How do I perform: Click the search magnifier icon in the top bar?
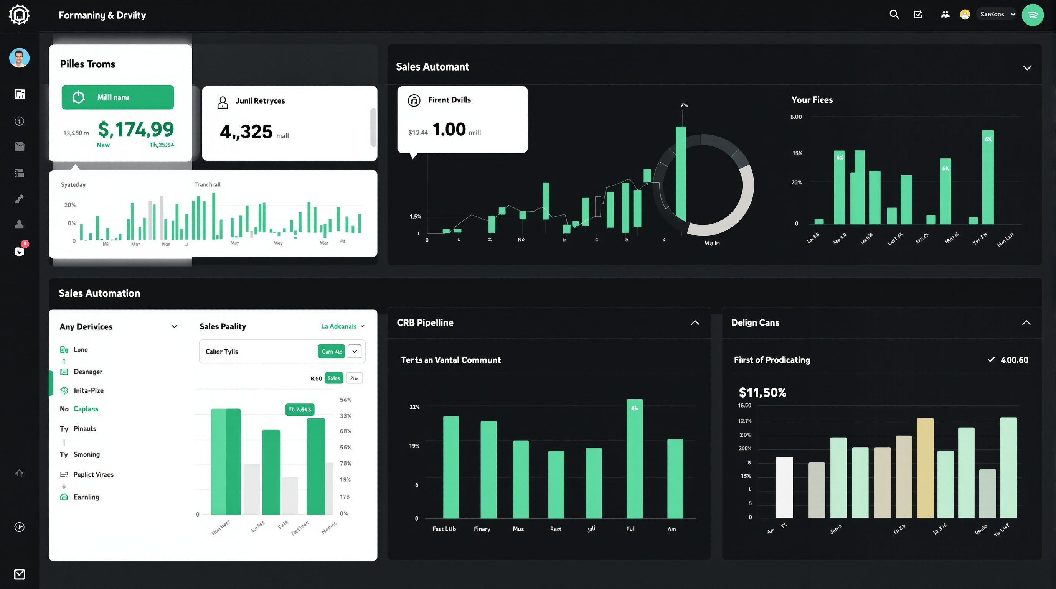(894, 15)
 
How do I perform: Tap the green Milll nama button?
(118, 97)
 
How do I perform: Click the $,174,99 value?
(136, 130)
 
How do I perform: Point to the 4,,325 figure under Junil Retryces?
(246, 132)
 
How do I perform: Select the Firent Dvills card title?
(449, 100)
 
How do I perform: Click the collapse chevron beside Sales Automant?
(1027, 68)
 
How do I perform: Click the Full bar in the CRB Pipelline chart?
(634, 459)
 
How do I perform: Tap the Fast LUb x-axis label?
(444, 529)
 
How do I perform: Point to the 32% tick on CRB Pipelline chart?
(414, 407)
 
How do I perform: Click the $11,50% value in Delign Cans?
(762, 392)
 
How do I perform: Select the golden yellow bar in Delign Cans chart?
(925, 468)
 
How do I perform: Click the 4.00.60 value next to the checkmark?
(1014, 360)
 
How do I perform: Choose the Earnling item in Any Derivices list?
(86, 497)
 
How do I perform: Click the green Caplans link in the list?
(86, 409)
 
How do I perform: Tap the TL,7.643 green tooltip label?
(299, 409)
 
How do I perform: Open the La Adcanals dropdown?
(342, 326)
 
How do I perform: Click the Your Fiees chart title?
(811, 100)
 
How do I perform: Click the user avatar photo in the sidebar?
(19, 58)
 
